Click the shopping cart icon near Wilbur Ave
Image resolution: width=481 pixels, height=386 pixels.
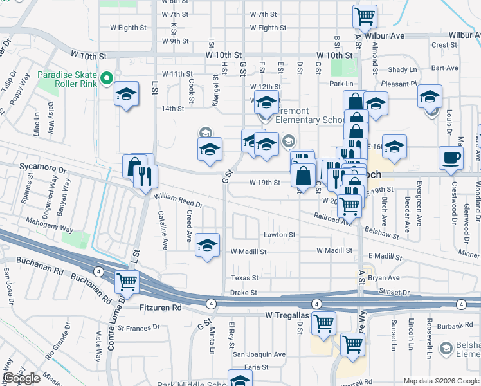pos(365,15)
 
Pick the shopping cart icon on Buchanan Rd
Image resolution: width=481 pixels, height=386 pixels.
pos(127,281)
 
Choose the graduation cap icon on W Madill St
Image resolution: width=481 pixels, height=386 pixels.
pos(207,245)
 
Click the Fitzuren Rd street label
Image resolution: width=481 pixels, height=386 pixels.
pos(161,308)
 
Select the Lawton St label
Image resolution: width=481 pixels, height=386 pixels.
pos(278,235)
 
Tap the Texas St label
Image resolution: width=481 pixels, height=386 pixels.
pos(245,278)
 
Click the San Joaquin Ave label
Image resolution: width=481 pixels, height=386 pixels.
pos(259,354)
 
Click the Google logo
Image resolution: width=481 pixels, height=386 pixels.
pos(21,378)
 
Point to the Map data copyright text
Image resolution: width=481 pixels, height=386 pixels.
pos(440,380)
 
